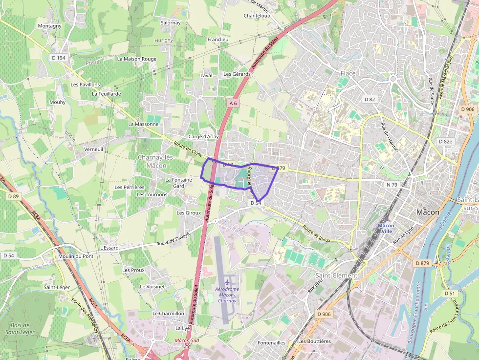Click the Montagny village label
tap(50, 26)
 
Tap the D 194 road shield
tap(58, 58)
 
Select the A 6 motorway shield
tap(234, 103)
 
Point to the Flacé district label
tap(348, 73)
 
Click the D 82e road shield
tap(445, 141)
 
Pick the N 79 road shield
tap(392, 185)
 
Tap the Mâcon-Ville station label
tap(387, 228)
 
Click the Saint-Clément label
tap(336, 275)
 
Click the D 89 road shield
tap(13, 196)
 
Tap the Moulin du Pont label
tap(75, 256)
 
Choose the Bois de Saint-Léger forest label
tap(19, 329)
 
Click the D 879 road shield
tap(422, 263)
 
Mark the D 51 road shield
tap(450, 293)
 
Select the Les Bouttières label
tap(314, 341)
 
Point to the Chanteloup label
tap(257, 16)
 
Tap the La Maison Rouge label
tap(137, 59)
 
